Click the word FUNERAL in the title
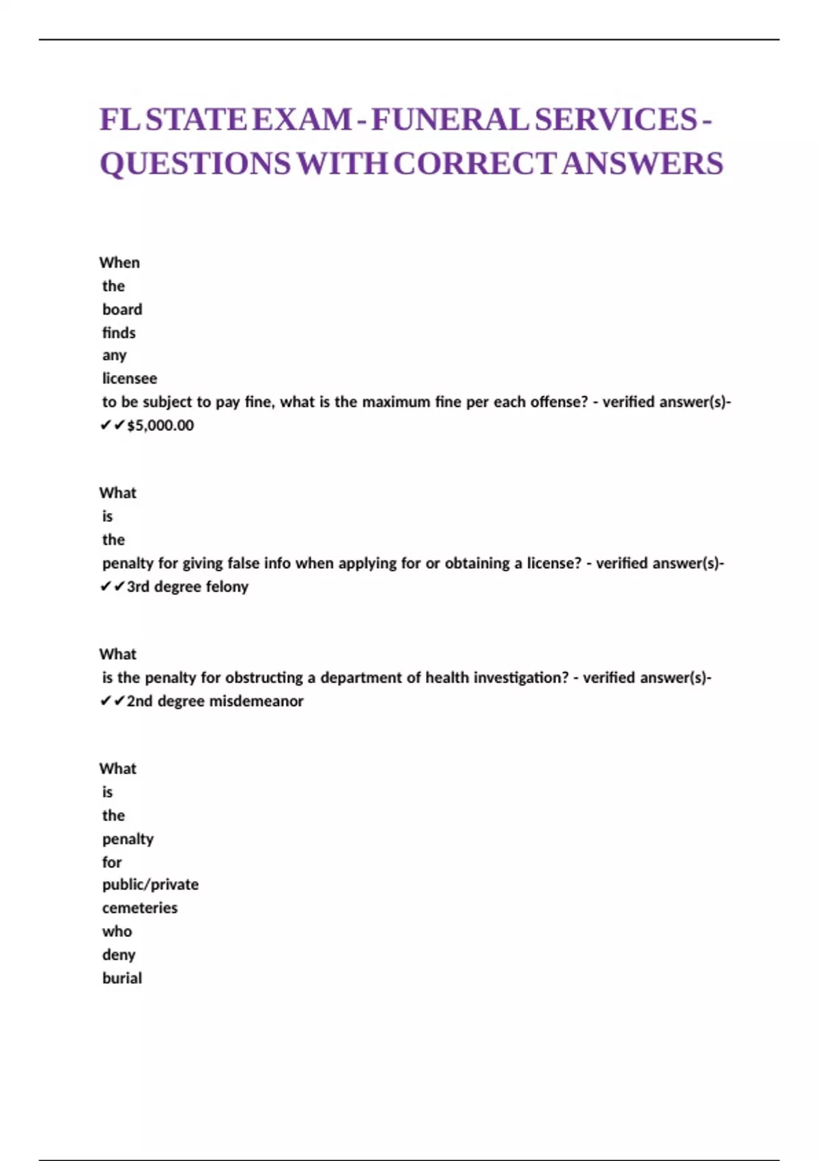click(x=450, y=120)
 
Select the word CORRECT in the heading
click(x=474, y=164)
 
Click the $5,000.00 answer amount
click(x=160, y=425)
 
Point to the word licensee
click(x=130, y=378)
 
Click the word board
click(x=122, y=309)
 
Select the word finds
click(x=119, y=333)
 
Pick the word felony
click(x=227, y=587)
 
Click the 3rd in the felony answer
click(x=138, y=587)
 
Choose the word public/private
click(x=150, y=884)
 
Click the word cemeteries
click(x=140, y=908)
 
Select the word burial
click(x=122, y=978)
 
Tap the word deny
click(x=119, y=955)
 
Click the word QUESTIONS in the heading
click(x=195, y=164)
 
